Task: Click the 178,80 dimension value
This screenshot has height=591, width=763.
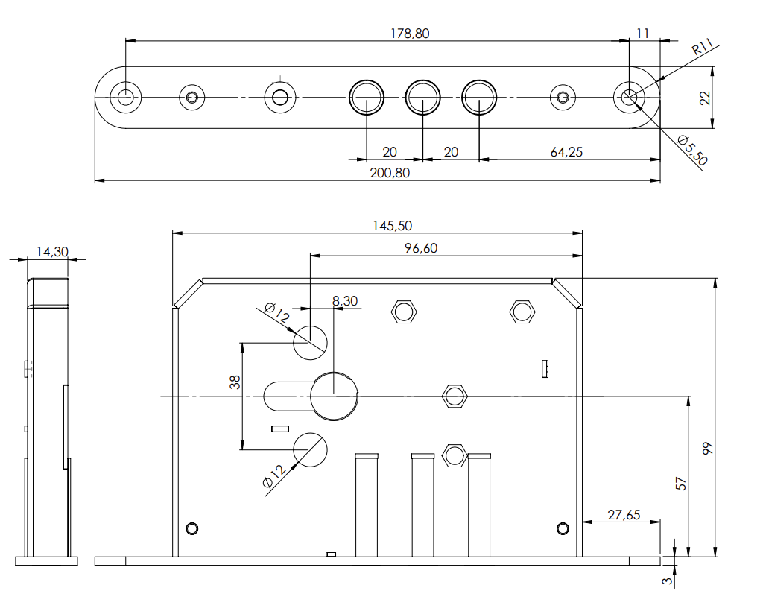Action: coord(410,34)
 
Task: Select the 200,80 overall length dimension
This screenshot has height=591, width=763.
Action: coord(390,173)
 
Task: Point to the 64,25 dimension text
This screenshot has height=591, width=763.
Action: coord(566,152)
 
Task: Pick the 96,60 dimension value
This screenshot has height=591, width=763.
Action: coord(421,249)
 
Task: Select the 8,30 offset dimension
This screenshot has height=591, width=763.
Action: coord(345,301)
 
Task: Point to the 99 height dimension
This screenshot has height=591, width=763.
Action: coord(708,448)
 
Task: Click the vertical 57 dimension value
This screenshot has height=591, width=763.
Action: coord(680,483)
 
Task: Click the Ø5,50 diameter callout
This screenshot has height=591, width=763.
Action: coord(692,150)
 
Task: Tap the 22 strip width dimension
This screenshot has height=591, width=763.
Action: coord(705,98)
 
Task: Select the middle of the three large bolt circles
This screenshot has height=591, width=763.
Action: coord(422,97)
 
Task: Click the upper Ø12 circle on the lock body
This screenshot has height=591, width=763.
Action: coord(310,342)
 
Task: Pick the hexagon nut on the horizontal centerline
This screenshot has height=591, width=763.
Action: coord(454,396)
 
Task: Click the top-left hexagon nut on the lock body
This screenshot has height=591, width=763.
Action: coord(403,311)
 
